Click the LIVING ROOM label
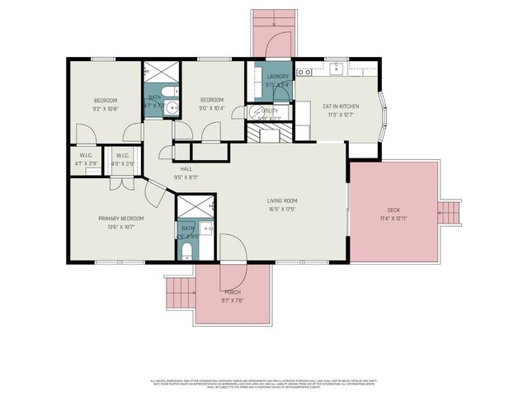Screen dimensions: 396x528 [281, 200]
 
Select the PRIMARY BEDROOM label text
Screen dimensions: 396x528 [121, 219]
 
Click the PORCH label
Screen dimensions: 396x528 [233, 292]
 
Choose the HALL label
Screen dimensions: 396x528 [186, 168]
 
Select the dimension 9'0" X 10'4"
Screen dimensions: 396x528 [211, 109]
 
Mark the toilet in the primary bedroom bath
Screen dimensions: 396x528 [187, 249]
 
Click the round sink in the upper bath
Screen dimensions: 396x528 [171, 106]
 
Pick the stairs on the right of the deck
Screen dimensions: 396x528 [451, 213]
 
